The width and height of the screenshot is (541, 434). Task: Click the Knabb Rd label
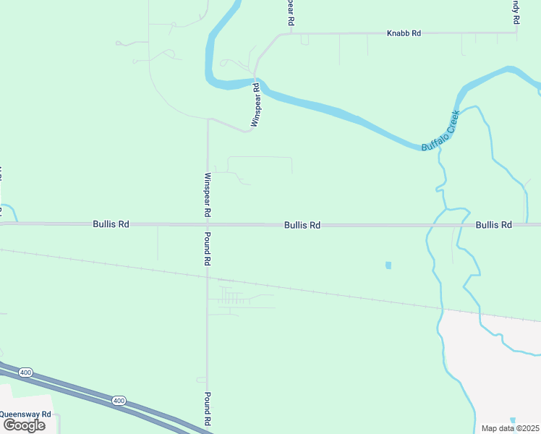pyautogui.click(x=404, y=33)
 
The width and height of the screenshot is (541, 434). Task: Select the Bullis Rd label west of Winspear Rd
pyautogui.click(x=111, y=224)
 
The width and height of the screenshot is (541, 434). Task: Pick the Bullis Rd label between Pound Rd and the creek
pyautogui.click(x=302, y=225)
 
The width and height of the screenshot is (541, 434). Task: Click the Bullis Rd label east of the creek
pyautogui.click(x=494, y=225)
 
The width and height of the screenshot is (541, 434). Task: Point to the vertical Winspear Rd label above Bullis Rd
pyautogui.click(x=208, y=195)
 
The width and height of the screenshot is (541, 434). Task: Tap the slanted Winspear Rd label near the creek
pyautogui.click(x=255, y=105)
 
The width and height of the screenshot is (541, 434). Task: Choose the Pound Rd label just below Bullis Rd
pyautogui.click(x=208, y=249)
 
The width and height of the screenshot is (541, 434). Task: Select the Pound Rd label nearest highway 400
pyautogui.click(x=208, y=408)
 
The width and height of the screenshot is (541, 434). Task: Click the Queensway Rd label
pyautogui.click(x=25, y=414)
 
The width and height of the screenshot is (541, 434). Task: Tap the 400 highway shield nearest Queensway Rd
pyautogui.click(x=26, y=372)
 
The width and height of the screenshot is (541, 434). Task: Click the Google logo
pyautogui.click(x=24, y=425)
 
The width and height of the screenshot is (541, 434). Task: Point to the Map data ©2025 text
pyautogui.click(x=511, y=428)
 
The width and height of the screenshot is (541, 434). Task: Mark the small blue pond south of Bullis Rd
pyautogui.click(x=388, y=265)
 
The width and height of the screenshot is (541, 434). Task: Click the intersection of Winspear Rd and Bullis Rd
pyautogui.click(x=208, y=224)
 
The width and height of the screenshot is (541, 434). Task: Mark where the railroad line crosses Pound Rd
pyautogui.click(x=208, y=276)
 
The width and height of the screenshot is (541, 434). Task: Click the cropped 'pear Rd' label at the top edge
pyautogui.click(x=290, y=13)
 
